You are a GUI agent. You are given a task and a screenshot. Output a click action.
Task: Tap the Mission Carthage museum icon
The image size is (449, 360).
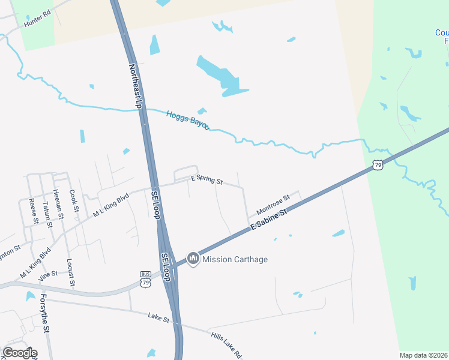[x=193, y=259]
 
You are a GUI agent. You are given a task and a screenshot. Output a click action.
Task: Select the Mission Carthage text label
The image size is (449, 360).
[x=235, y=259]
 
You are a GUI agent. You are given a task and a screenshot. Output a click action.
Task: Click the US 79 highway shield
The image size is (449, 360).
[x=377, y=164]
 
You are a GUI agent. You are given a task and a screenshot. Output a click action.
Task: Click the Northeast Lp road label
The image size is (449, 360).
[x=135, y=86]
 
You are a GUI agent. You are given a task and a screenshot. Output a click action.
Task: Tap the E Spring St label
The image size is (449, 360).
[x=206, y=179]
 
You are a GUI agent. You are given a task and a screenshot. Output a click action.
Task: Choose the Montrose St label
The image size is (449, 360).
[x=273, y=203]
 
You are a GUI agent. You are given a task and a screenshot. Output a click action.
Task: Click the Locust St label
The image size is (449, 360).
[x=70, y=272]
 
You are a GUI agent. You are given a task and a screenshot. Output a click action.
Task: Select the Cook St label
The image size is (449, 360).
[x=74, y=200]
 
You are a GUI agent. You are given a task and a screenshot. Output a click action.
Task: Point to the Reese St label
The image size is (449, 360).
[x=34, y=211]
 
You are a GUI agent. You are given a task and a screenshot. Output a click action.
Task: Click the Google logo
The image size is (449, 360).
[x=20, y=352]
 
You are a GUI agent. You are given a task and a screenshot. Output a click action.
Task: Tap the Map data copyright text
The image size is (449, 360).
[x=424, y=355]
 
